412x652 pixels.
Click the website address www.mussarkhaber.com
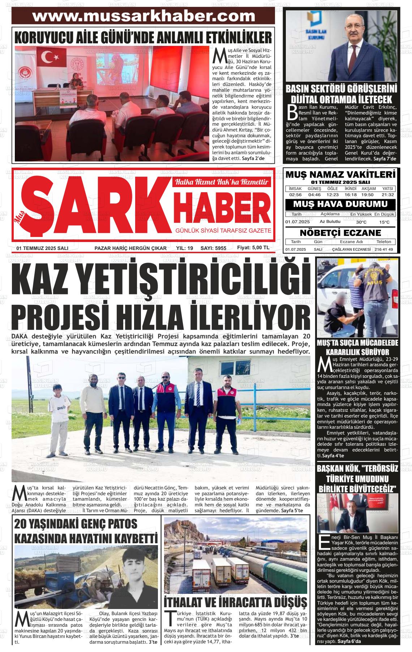point(143,16)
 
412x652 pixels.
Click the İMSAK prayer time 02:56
point(295,195)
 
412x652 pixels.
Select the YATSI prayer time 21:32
point(387,195)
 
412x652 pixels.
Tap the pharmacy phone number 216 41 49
point(384,250)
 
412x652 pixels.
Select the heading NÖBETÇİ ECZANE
point(340,232)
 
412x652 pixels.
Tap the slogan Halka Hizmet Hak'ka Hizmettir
point(222,182)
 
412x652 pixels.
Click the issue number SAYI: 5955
point(213,248)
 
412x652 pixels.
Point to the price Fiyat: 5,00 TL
point(253,248)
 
